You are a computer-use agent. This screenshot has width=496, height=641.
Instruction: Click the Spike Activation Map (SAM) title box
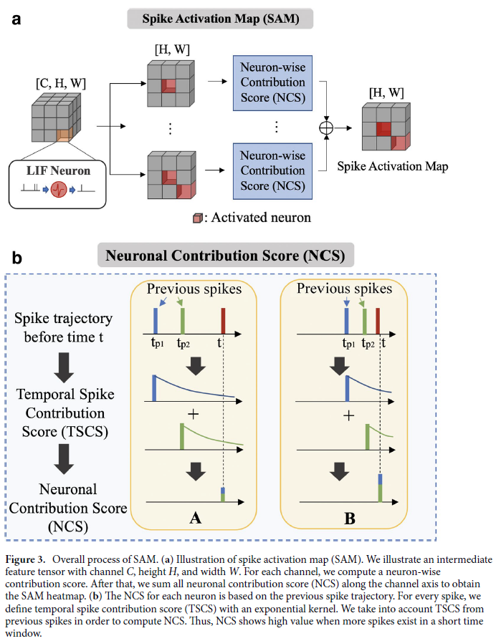pos(220,18)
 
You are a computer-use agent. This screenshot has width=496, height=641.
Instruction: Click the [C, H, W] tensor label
pos(60,84)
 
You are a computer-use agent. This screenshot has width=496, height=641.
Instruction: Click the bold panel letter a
pos(16,19)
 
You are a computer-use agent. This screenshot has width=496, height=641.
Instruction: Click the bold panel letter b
pos(16,256)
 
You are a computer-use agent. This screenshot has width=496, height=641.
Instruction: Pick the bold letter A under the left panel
pos(194,518)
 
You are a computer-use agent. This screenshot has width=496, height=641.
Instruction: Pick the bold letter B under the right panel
pos(349,518)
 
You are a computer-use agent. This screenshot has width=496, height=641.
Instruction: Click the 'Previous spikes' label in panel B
pos(344,289)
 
